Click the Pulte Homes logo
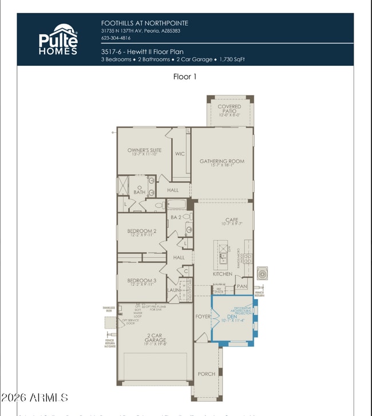(58, 39)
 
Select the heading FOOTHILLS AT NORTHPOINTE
(144, 23)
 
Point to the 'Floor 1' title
(185, 76)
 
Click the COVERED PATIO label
(229, 109)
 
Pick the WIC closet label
(180, 154)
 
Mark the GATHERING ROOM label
(221, 162)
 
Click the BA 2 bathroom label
(176, 217)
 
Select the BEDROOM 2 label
(141, 231)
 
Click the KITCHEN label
(223, 274)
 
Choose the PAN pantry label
(242, 286)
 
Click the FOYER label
(203, 316)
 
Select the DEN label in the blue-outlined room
(232, 315)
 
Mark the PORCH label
(206, 374)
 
